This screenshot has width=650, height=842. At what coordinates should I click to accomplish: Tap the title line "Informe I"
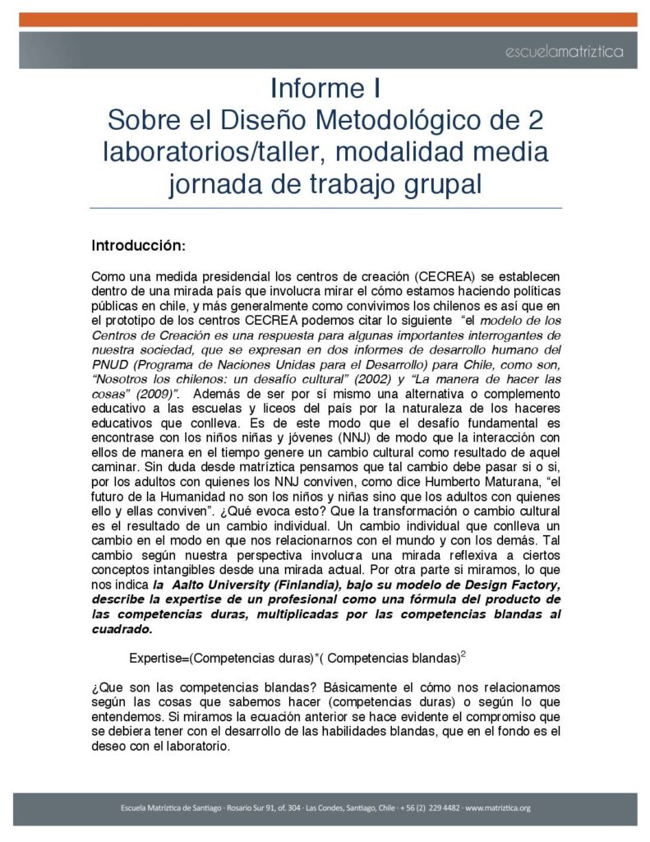tap(325, 88)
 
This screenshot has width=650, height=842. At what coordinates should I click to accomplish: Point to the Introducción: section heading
tap(139, 245)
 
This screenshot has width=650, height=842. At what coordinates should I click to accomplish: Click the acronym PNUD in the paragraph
tap(108, 366)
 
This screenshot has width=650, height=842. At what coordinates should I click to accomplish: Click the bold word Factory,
tap(532, 584)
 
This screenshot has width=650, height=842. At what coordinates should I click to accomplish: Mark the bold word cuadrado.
tap(122, 629)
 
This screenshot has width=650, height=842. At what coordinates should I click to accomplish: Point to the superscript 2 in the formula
tap(463, 654)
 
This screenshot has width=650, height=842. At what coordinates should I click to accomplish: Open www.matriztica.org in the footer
tap(498, 807)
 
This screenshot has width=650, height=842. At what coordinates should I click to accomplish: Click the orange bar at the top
tap(325, 20)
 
